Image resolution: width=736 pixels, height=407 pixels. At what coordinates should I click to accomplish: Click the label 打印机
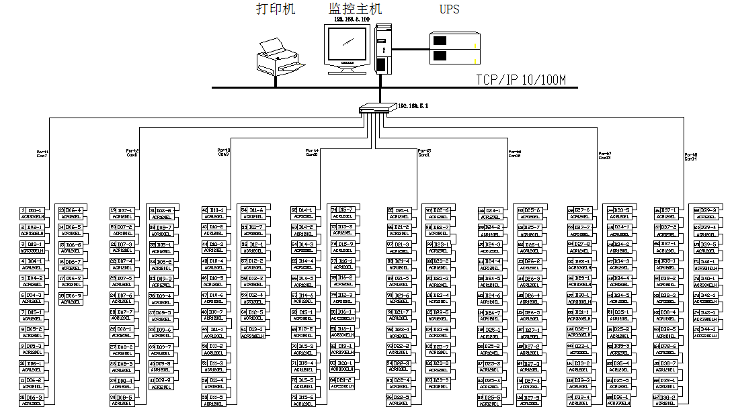[x=276, y=9]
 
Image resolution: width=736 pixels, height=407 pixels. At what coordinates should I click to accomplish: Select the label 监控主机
[x=355, y=9]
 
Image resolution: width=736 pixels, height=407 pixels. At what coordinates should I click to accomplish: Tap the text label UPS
[x=450, y=9]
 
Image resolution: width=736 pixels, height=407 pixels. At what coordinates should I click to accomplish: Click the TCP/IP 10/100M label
[x=521, y=80]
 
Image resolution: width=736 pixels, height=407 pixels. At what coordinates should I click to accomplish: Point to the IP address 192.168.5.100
[x=352, y=19]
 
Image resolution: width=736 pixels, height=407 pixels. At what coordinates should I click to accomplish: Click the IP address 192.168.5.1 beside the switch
[x=413, y=106]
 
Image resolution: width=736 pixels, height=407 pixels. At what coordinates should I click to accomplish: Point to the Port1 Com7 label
[x=42, y=154]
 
